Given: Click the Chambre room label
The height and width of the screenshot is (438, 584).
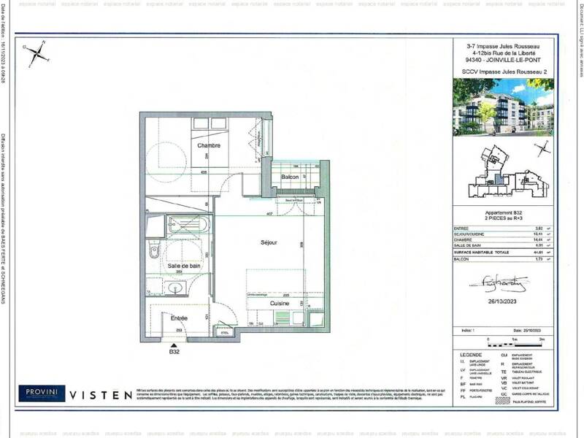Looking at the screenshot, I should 209,145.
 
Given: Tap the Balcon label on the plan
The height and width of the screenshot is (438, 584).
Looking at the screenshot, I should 290,177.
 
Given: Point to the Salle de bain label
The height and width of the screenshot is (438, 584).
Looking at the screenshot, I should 184,266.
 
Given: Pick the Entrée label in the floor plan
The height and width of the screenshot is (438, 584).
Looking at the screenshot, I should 179,318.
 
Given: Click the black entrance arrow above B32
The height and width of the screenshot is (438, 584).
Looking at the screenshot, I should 174,344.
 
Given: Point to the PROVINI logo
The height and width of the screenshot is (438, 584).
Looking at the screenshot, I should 42,393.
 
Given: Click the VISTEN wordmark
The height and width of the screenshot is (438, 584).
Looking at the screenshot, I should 101,394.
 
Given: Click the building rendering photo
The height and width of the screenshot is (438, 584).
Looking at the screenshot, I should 503,107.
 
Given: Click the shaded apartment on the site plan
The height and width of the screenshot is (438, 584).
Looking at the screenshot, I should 499,179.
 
